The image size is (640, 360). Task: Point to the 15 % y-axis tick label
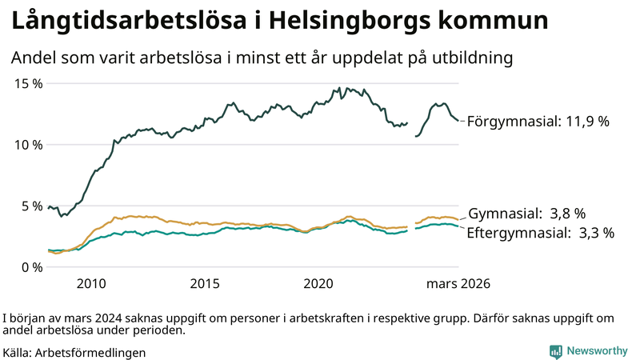(26, 83)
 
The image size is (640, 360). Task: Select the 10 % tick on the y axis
(26, 145)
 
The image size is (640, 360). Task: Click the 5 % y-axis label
(30, 206)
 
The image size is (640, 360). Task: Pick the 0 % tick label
(30, 267)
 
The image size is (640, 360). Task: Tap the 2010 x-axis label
(91, 284)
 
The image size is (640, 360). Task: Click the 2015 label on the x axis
(205, 284)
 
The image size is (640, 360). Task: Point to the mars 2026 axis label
(458, 284)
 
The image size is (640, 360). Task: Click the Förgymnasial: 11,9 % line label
(538, 122)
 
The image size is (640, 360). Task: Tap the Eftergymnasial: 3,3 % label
(541, 233)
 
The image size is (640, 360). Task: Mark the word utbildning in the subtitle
(474, 58)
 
